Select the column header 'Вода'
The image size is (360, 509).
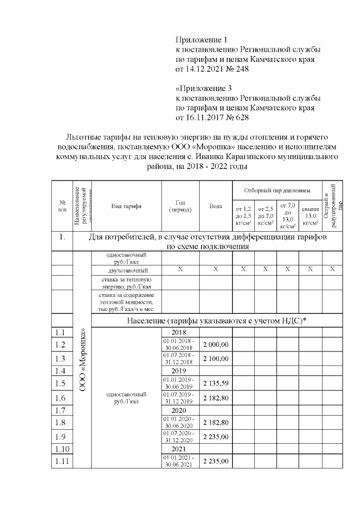pyautogui.click(x=215, y=206)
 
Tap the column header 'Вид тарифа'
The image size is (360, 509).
pyautogui.click(x=126, y=206)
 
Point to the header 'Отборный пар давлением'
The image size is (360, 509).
pyautogui.click(x=277, y=191)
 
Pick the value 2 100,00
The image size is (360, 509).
pyautogui.click(x=215, y=358)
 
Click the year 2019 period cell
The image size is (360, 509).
pyautogui.click(x=178, y=371)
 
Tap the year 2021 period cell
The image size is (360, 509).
pyautogui.click(x=178, y=451)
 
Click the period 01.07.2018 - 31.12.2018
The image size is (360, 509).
pyautogui.click(x=178, y=358)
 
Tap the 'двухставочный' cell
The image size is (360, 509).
pyautogui.click(x=126, y=270)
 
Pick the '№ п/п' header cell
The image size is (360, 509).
pyautogui.click(x=62, y=206)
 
